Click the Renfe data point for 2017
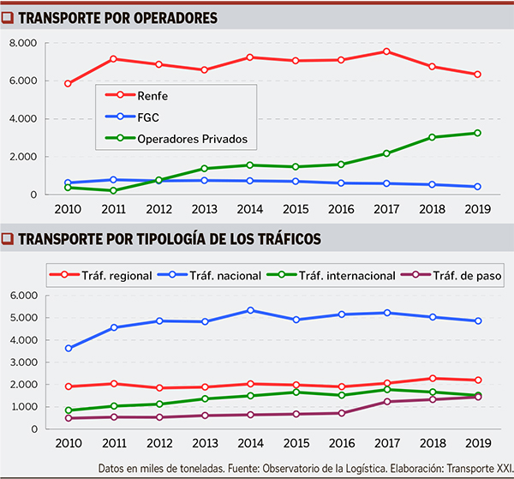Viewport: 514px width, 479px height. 386,51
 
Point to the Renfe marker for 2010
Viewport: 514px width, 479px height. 68,84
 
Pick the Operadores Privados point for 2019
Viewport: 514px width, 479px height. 477,133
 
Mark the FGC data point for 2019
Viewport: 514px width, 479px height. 477,187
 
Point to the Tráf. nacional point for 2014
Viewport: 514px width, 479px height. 250,310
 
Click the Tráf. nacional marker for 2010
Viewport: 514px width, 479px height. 68,348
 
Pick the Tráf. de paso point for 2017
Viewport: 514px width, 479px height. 386,402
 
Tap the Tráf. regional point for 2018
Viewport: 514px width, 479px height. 433,378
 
